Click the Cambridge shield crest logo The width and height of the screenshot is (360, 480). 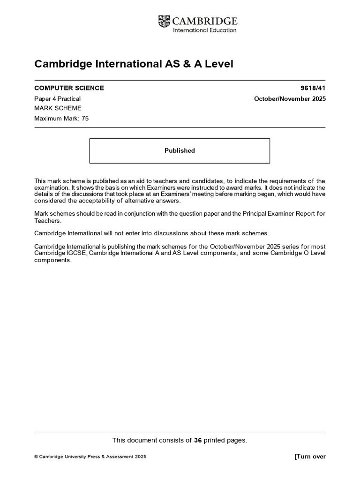click(164, 21)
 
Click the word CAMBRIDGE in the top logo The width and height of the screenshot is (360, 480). click(205, 21)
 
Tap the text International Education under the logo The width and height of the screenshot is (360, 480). click(205, 30)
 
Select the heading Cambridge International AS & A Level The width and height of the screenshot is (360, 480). click(134, 64)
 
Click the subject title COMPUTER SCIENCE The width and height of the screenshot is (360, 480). click(69, 88)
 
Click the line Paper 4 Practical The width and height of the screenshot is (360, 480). click(58, 98)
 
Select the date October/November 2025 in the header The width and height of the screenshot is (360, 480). click(290, 98)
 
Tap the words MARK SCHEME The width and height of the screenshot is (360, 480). click(58, 108)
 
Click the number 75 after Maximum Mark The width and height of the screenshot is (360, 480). click(85, 119)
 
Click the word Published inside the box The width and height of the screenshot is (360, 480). click(180, 150)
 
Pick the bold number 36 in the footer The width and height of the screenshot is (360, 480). click(197, 440)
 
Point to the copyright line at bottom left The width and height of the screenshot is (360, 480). click(90, 457)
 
